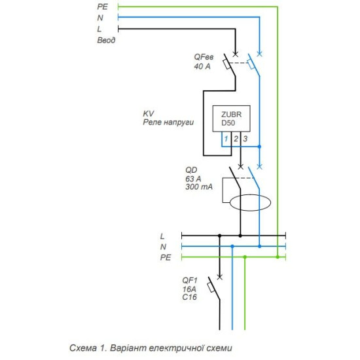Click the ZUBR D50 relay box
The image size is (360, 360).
click(231, 118)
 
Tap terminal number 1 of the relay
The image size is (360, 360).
click(226, 139)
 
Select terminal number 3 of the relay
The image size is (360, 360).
click(245, 139)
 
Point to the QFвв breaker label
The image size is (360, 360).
click(204, 57)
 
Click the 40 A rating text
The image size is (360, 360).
click(202, 66)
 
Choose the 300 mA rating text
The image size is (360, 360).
click(199, 187)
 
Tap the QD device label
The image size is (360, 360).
click(191, 170)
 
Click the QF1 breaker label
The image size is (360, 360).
click(190, 280)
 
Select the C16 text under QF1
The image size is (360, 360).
click(189, 297)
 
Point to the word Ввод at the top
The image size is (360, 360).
click(106, 40)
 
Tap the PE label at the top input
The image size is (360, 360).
click(102, 7)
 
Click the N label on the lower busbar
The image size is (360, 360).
click(163, 247)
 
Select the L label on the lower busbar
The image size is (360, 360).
click(162, 236)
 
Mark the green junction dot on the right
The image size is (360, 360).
click(278, 257)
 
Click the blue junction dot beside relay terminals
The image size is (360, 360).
click(259, 147)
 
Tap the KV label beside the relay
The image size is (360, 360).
click(149, 113)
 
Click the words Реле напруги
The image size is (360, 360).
click(168, 122)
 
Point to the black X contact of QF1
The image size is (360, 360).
click(220, 278)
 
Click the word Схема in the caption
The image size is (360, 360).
click(83, 348)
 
